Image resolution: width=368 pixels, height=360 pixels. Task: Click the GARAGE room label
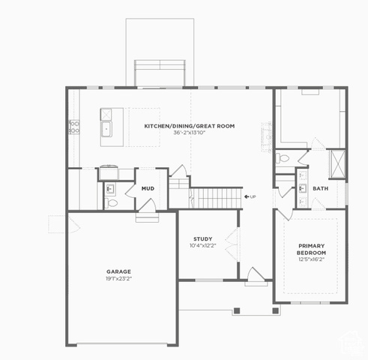(118, 271)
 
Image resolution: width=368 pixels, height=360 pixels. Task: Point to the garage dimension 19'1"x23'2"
(118, 278)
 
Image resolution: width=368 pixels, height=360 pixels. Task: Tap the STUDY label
(203, 238)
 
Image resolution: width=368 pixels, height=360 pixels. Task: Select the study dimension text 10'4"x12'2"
(202, 245)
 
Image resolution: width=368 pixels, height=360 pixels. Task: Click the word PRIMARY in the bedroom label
(312, 246)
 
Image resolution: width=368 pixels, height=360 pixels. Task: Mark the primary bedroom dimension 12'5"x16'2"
(311, 259)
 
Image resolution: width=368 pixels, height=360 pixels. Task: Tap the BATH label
(321, 188)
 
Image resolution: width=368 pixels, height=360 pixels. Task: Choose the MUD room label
(148, 188)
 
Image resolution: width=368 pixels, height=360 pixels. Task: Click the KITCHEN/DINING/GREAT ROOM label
(190, 126)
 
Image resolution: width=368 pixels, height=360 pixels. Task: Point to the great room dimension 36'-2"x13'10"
(190, 133)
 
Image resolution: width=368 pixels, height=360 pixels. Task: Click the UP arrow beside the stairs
(247, 196)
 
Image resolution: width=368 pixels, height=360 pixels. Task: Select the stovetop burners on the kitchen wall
(74, 127)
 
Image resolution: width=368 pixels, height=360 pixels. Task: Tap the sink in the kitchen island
(106, 129)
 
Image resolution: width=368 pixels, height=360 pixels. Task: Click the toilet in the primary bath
(283, 158)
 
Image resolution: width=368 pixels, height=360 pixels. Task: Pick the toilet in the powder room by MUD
(111, 203)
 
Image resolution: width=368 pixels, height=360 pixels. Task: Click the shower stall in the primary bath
(338, 164)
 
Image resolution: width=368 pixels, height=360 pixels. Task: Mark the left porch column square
(237, 310)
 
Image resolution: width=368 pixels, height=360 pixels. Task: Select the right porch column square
(275, 310)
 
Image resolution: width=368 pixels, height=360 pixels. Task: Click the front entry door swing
(256, 274)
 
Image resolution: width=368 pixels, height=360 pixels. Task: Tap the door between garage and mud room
(148, 205)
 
